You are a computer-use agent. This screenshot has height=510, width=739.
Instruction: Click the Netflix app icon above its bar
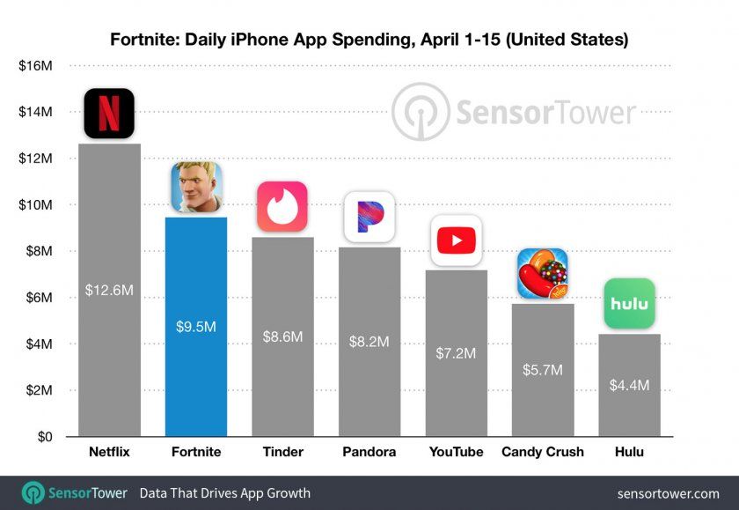coord(109,114)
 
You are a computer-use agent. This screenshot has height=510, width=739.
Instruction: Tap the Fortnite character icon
coord(196,187)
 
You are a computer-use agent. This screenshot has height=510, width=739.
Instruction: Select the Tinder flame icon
coord(282,207)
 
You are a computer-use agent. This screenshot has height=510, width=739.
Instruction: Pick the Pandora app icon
coord(369,217)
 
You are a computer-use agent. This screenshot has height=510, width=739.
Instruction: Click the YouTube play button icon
coord(456,240)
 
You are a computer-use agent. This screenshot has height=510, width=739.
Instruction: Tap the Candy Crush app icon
coord(542,273)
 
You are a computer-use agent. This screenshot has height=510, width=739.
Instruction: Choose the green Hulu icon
coord(629,304)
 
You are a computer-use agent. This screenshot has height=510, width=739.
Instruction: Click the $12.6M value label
coord(109,289)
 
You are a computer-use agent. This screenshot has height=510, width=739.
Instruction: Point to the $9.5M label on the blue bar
coord(196,326)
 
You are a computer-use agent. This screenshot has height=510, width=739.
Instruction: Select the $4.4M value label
coord(629,385)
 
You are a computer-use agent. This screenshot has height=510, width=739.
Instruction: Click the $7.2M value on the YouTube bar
coord(456,353)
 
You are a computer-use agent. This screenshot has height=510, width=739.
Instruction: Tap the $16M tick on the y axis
coord(34,66)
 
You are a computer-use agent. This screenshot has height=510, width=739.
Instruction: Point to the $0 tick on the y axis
coord(41,436)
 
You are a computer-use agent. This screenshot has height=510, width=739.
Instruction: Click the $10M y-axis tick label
coord(34,205)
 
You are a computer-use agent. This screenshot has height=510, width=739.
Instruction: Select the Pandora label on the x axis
coord(369,452)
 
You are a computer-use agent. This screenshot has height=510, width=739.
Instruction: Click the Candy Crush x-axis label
coord(542,452)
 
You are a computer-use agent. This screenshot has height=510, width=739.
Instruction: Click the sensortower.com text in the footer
coord(669,493)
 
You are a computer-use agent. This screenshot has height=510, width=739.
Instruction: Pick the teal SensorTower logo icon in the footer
coord(33,492)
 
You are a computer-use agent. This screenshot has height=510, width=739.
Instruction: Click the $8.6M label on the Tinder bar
coord(282,336)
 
